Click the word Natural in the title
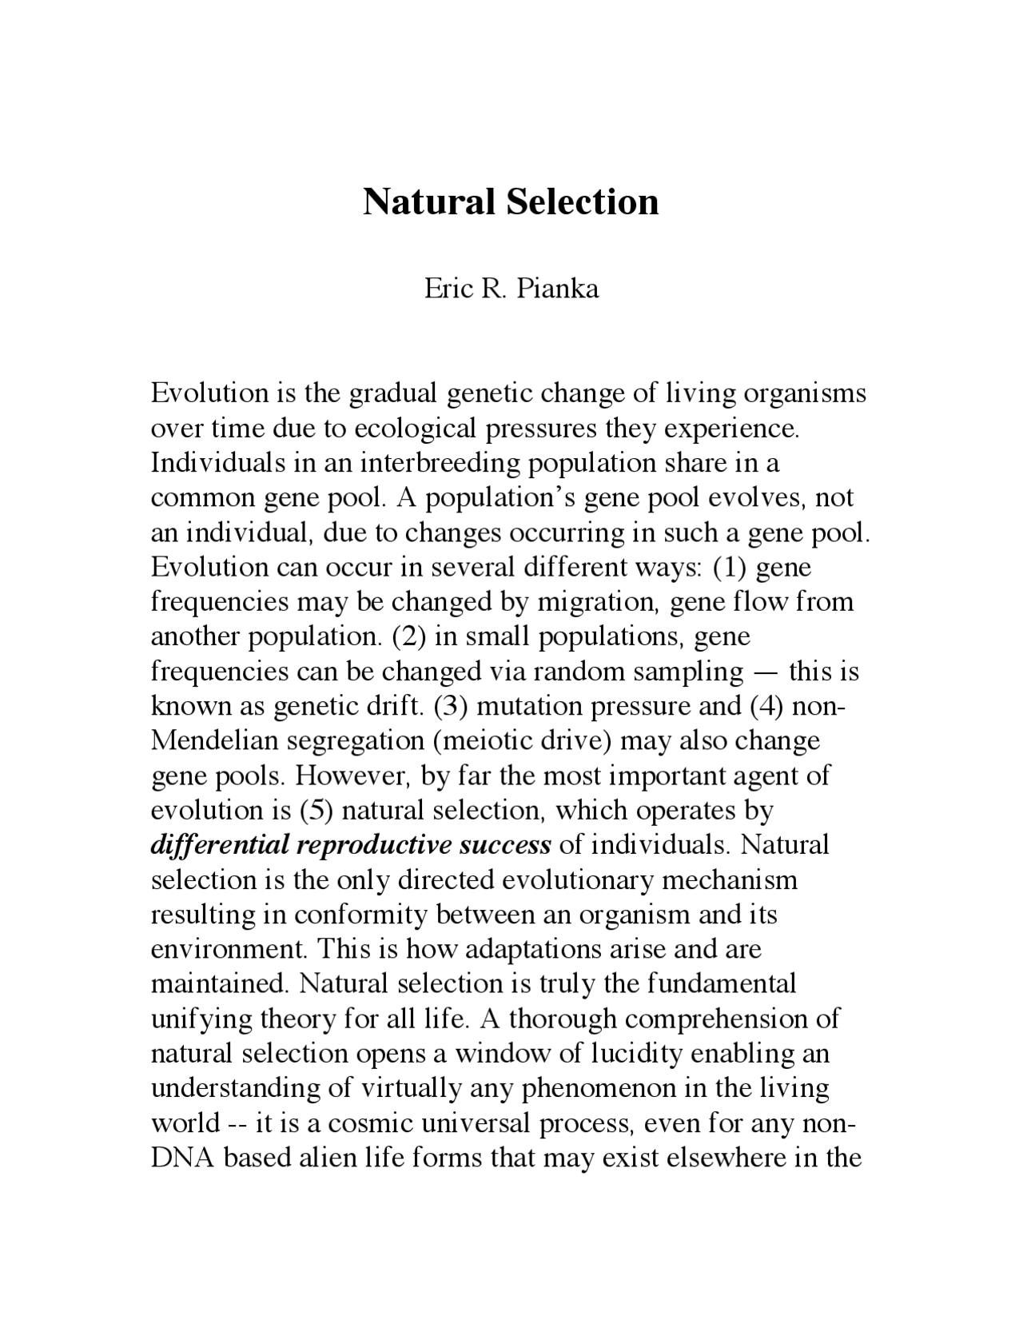[x=429, y=201]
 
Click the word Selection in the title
[x=583, y=201]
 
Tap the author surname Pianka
[x=557, y=288]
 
